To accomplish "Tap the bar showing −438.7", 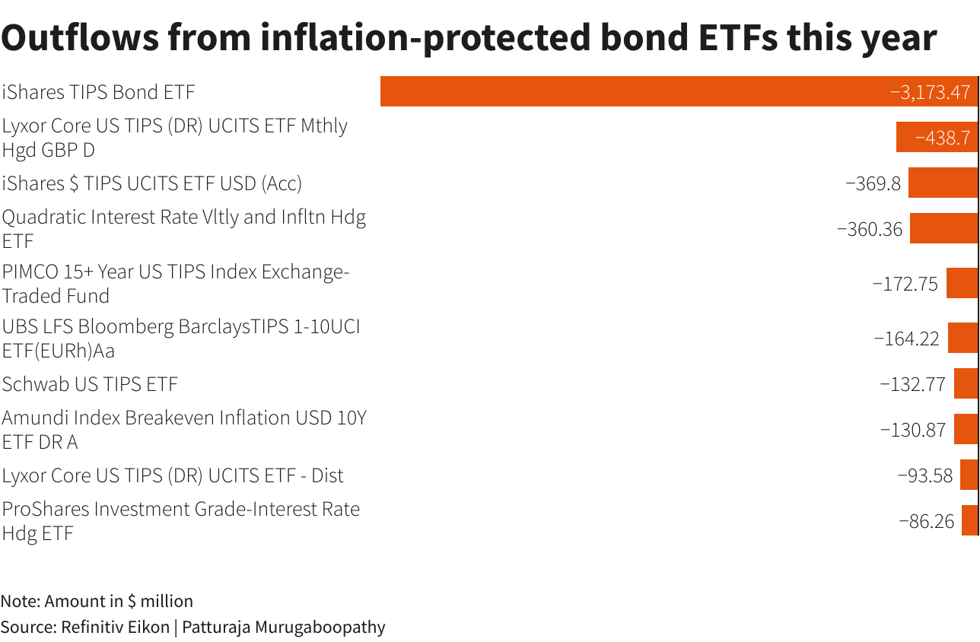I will (937, 137).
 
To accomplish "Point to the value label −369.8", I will (873, 183).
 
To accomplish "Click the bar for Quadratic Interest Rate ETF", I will (943, 228).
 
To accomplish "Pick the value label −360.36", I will (869, 228).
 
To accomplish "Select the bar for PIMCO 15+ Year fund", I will (962, 283).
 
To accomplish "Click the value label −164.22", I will (906, 338).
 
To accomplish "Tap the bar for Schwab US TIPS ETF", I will (966, 383).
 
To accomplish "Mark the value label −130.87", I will (912, 429).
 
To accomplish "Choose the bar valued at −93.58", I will (969, 475).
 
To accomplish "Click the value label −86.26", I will (926, 520).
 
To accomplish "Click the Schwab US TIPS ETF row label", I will (90, 384).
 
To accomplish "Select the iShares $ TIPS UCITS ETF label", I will (152, 183).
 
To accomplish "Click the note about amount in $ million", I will (97, 601).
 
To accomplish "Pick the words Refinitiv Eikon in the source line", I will (115, 627).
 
